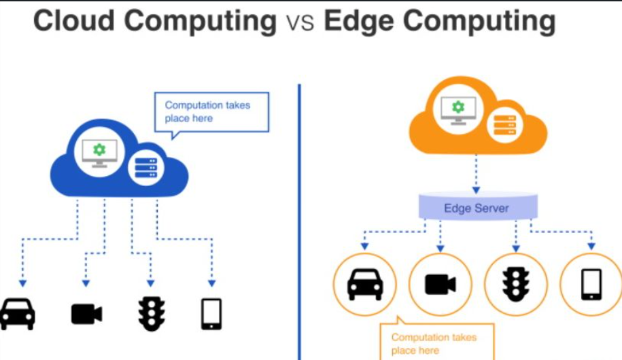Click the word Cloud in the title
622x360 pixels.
(x=73, y=21)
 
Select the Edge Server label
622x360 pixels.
(x=477, y=208)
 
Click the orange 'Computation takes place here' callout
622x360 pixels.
(x=436, y=344)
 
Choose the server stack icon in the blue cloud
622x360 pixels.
(x=146, y=167)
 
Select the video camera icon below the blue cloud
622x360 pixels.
(x=86, y=314)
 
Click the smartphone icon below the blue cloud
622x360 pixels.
(x=211, y=314)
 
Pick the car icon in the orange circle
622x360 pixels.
(x=365, y=285)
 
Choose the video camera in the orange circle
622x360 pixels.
(x=440, y=285)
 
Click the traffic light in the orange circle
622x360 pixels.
(x=516, y=285)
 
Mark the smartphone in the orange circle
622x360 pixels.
(x=591, y=285)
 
